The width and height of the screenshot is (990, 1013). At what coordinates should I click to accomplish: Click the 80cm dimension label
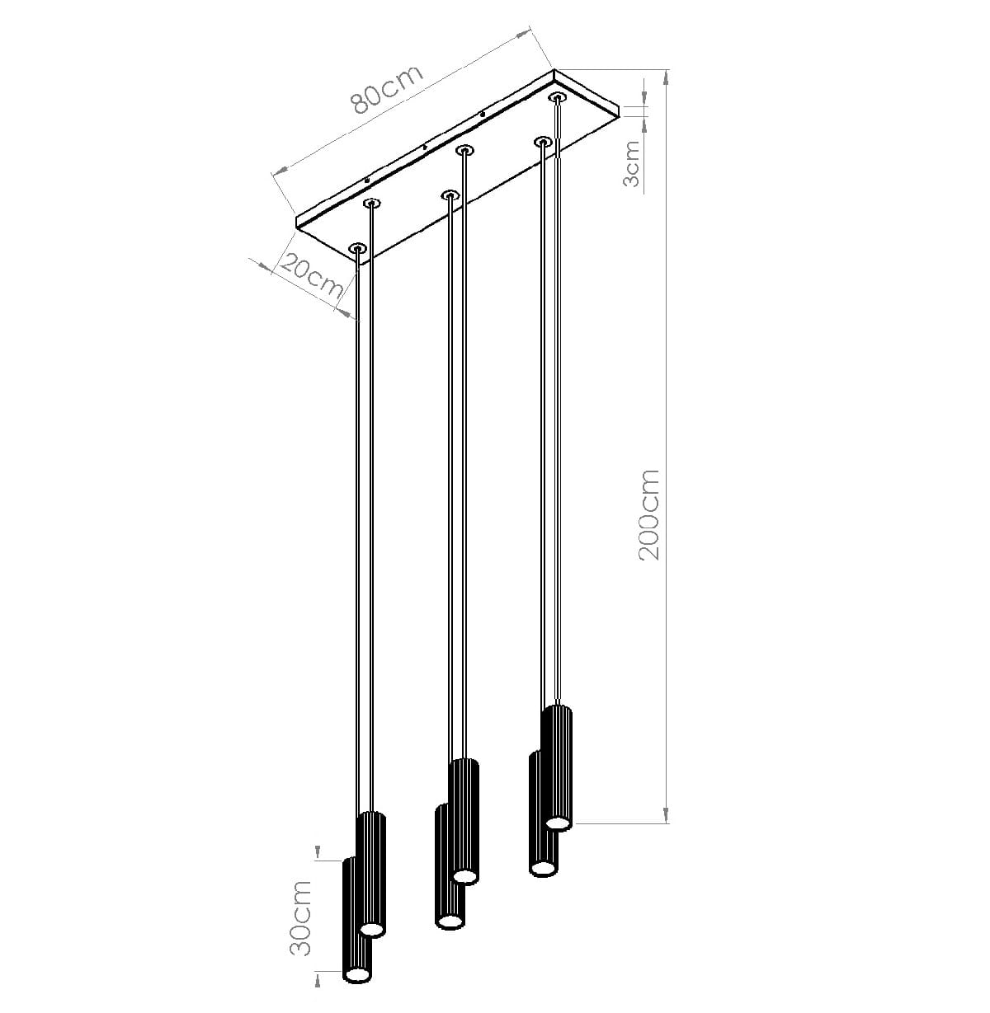387,89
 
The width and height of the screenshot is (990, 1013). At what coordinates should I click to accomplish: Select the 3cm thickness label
631,163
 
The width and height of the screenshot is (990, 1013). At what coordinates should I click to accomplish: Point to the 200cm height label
649,514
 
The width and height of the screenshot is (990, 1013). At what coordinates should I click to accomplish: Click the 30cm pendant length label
300,917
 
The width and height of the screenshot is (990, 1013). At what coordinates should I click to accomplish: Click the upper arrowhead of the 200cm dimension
666,77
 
